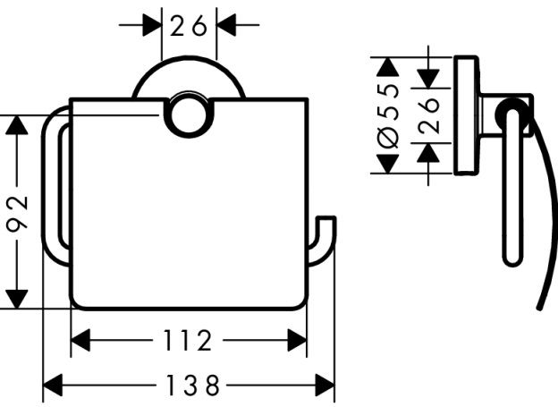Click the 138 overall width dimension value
click(x=193, y=386)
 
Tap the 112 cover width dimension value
click(x=188, y=341)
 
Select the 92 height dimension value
click(x=17, y=213)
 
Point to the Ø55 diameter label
click(x=389, y=116)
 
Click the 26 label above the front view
click(x=189, y=25)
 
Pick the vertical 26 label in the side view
click(x=428, y=116)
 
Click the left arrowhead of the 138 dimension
click(x=53, y=386)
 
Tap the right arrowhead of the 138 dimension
click(x=325, y=386)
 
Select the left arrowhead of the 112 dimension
click(x=80, y=341)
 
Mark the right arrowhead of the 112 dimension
click(x=297, y=341)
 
